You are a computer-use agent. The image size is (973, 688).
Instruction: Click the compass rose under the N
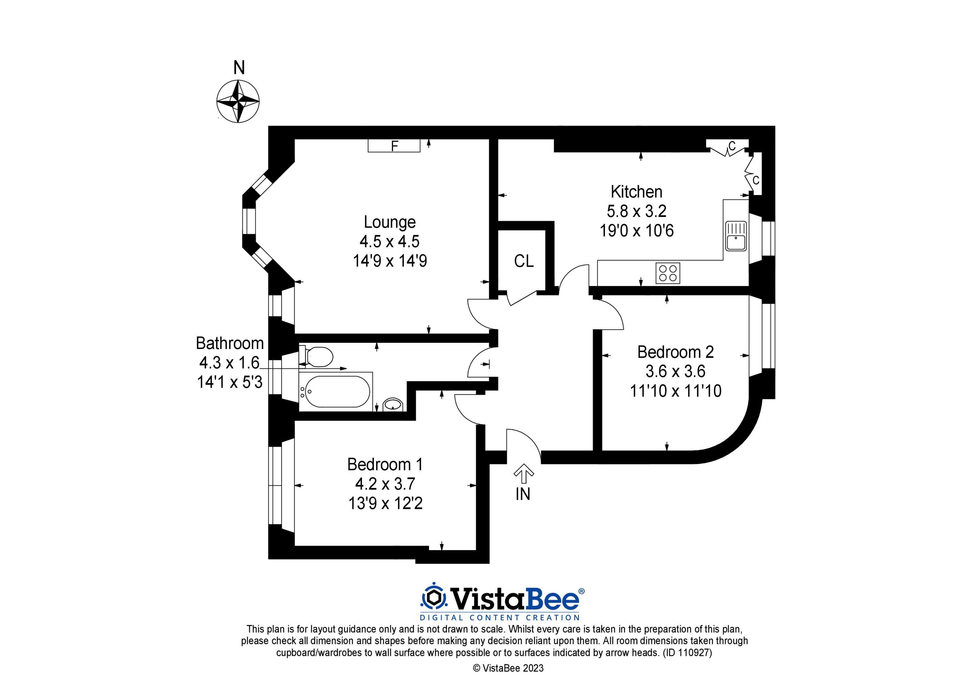click(x=238, y=102)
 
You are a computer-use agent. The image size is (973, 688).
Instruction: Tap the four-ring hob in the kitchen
click(x=668, y=273)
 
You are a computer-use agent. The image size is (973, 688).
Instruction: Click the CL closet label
click(x=524, y=261)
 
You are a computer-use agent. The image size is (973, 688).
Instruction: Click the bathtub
click(x=336, y=392)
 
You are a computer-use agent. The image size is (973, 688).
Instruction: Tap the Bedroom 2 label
click(x=676, y=352)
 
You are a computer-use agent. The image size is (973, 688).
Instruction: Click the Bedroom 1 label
click(x=385, y=465)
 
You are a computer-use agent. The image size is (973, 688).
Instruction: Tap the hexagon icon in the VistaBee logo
click(x=433, y=598)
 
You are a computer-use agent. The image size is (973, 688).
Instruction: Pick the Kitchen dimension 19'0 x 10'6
click(x=637, y=231)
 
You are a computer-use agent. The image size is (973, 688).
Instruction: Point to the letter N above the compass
click(x=239, y=68)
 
